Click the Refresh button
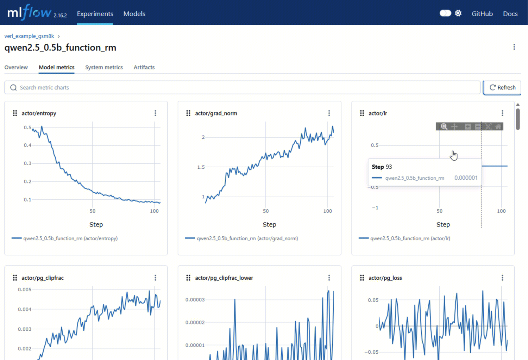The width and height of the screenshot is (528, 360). tap(502, 87)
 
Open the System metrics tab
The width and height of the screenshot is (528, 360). tap(104, 67)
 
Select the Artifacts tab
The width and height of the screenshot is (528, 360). tap(144, 67)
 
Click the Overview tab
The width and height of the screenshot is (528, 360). tap(16, 67)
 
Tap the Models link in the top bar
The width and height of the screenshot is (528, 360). tap(134, 14)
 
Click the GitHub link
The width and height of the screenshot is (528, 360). tap(482, 14)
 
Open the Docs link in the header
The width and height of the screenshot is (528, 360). tap(510, 14)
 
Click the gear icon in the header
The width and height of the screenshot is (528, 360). tap(458, 13)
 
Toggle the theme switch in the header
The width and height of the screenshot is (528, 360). tap(445, 13)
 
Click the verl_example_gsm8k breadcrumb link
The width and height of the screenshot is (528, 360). tap(29, 36)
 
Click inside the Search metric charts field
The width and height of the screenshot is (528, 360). tap(242, 87)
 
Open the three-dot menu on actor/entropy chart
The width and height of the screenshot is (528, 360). tap(155, 113)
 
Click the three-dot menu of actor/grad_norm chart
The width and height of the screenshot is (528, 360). tap(329, 113)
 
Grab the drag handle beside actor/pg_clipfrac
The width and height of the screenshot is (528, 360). tap(15, 278)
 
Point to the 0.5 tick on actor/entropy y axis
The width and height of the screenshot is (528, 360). tap(27, 128)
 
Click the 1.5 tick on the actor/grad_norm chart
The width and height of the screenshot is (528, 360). tap(201, 167)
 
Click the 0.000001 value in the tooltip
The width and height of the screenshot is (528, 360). tap(466, 178)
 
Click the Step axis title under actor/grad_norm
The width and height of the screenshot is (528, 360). tap(269, 224)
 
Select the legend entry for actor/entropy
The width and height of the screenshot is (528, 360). tap(64, 238)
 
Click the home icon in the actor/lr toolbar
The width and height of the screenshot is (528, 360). tap(498, 126)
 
